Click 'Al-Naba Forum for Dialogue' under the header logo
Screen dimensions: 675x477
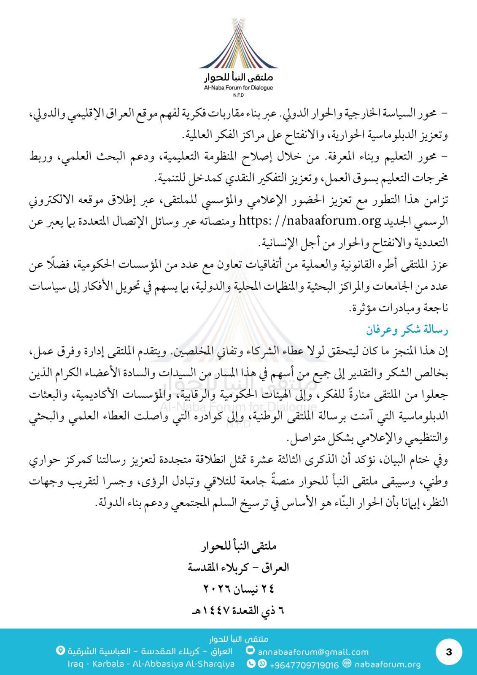click(238, 88)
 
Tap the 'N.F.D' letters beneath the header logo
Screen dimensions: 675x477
click(238, 95)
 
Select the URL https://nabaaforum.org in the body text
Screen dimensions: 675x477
click(310, 220)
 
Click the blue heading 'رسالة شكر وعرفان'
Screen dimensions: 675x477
click(407, 329)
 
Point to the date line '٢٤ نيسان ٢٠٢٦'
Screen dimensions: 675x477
click(239, 588)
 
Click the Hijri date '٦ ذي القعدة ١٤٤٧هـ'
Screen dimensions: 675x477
click(239, 610)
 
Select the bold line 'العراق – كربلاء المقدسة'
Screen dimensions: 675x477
click(239, 567)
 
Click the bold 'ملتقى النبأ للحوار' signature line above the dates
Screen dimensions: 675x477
click(239, 546)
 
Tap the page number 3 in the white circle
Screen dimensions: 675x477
click(449, 652)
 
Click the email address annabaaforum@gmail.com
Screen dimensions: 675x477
click(313, 652)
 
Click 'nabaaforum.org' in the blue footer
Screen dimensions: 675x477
click(388, 664)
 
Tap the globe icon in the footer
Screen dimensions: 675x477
click(347, 664)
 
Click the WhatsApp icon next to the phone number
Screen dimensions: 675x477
click(262, 664)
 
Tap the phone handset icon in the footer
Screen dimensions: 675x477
click(251, 664)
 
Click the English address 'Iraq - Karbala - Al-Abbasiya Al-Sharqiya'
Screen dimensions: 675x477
click(151, 664)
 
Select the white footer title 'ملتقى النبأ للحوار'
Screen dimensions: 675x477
click(239, 639)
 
